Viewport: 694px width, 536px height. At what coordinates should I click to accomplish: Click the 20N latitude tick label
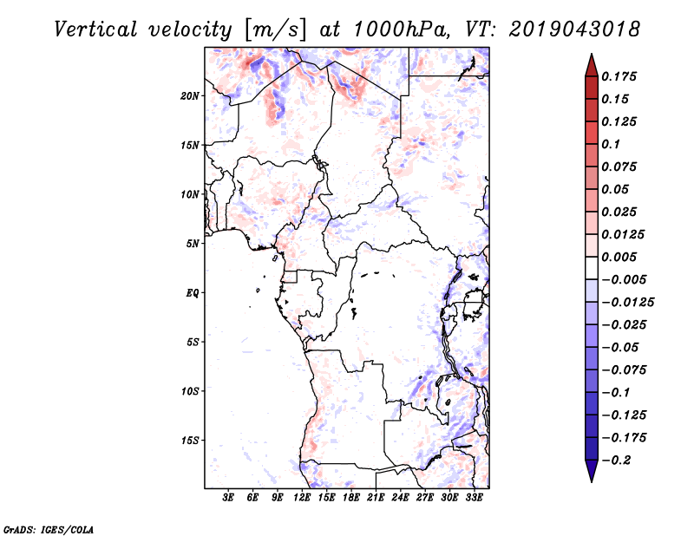[190, 95]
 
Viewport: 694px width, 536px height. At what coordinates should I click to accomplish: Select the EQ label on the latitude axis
[193, 293]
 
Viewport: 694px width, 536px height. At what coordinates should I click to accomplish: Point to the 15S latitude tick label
[190, 441]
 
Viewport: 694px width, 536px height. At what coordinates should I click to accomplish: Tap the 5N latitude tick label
[193, 244]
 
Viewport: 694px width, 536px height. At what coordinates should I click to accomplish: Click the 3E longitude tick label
[228, 498]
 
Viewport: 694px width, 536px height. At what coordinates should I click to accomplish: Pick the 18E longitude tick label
[350, 498]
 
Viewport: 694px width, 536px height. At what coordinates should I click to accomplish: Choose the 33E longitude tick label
[473, 498]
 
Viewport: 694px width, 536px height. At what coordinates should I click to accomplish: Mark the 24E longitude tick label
[399, 498]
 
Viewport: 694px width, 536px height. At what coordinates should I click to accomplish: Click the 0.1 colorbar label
[612, 144]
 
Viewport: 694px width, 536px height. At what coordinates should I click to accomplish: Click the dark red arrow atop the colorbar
[591, 63]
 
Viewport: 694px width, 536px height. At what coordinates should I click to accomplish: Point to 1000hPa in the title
[399, 29]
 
